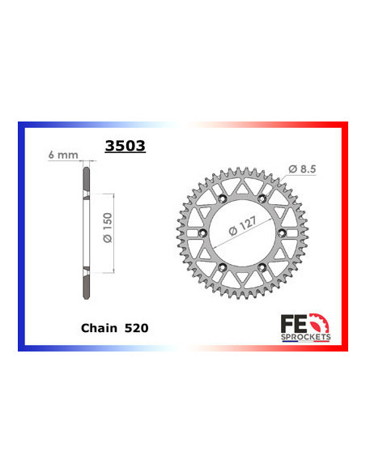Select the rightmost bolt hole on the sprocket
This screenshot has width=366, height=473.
pyautogui.click(x=282, y=233)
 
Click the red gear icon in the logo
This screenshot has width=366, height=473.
pyautogui.click(x=330, y=316)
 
